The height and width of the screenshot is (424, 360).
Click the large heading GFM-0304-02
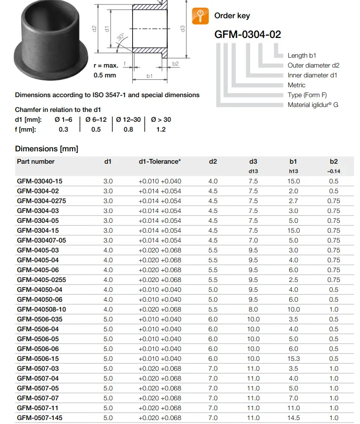[x=248, y=35]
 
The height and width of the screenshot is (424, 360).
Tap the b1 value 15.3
[x=293, y=358]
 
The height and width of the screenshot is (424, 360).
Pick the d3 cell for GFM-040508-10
[x=253, y=309]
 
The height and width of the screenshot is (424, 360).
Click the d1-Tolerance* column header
[x=159, y=161]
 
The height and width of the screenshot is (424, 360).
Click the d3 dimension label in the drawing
[x=182, y=29]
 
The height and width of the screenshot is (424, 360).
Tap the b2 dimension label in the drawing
[x=176, y=64]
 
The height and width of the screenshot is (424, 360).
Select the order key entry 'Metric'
[x=296, y=85]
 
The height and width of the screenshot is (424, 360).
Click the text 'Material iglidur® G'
[x=313, y=105]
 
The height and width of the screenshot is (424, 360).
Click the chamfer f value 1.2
[x=161, y=129]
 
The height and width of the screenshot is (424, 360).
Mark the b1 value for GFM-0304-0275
[x=293, y=201]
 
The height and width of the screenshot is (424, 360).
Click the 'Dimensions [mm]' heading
[x=46, y=148]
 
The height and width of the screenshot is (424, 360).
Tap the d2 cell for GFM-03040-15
[x=213, y=181]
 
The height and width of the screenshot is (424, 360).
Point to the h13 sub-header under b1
[x=293, y=171]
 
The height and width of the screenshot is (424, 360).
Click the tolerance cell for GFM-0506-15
[x=159, y=358]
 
